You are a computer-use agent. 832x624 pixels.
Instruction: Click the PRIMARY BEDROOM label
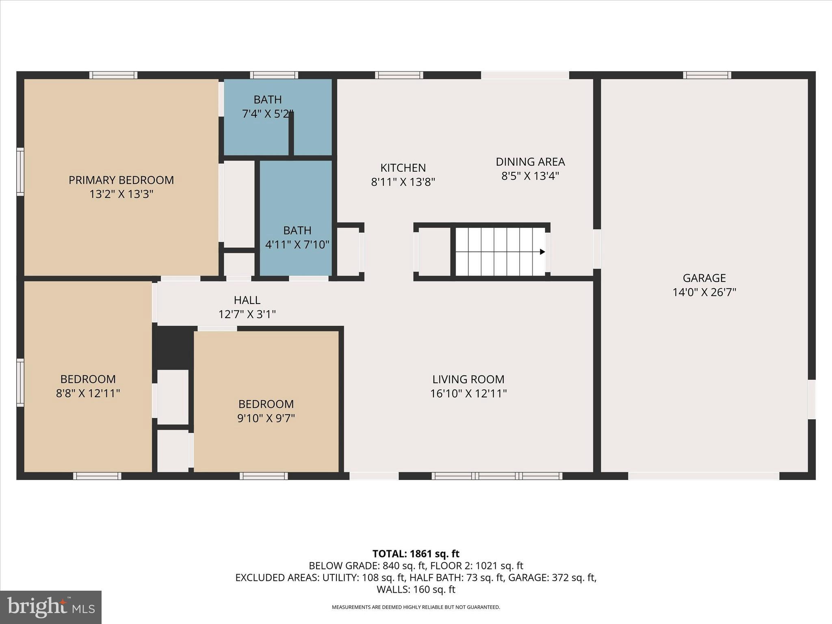coord(121,180)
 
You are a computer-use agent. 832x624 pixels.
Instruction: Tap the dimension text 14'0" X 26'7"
coord(704,292)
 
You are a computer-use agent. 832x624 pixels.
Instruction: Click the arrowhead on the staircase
coord(542,252)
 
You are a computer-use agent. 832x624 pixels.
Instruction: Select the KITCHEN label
coord(403,168)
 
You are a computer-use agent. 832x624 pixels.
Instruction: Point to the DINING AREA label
coord(530,162)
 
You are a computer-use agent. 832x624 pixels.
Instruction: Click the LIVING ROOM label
coord(468,379)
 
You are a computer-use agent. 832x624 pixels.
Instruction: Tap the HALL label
coord(247,300)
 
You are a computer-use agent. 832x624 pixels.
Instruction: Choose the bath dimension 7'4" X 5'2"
coord(267,114)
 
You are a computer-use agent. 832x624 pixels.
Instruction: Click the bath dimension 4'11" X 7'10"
coord(297,245)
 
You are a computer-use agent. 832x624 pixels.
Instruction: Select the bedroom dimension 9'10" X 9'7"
coord(266,418)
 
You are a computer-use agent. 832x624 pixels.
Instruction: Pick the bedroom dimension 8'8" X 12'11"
coord(88,393)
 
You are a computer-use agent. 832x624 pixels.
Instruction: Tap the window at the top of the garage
coord(707,75)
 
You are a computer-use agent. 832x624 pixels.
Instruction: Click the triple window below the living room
coord(497,476)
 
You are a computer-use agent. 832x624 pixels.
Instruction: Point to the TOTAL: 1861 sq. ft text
coord(416,554)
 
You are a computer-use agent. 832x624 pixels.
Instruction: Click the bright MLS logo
coord(51,607)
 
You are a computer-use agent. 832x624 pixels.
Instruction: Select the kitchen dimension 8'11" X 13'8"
coord(403,182)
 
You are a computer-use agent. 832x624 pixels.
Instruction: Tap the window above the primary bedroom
coord(113,75)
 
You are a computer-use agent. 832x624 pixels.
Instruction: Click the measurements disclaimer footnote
coord(416,607)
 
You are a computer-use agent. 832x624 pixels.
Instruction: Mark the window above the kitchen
coord(399,75)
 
